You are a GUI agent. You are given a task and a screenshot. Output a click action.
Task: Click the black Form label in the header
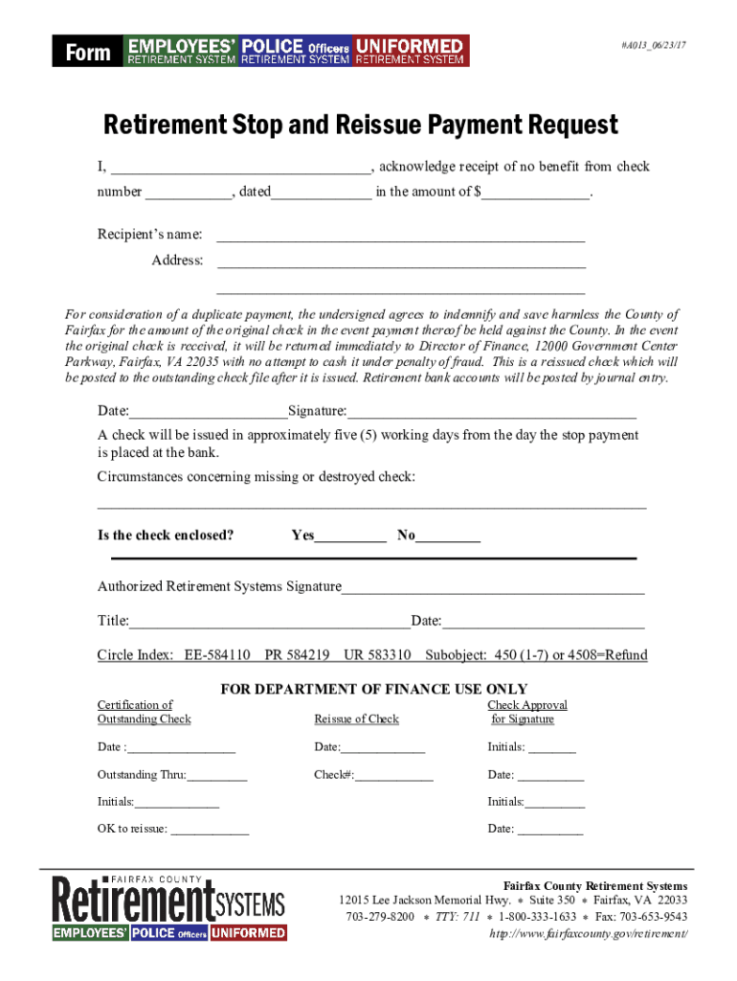click(x=88, y=52)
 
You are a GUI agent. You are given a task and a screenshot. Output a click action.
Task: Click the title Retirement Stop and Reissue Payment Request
click(x=361, y=125)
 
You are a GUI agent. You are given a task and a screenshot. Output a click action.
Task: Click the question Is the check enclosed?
click(x=166, y=536)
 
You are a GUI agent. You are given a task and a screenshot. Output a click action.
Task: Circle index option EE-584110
click(x=217, y=656)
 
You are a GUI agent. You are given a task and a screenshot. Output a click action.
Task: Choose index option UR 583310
click(x=377, y=656)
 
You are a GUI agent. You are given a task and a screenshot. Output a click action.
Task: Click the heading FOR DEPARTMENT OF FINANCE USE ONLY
click(x=374, y=689)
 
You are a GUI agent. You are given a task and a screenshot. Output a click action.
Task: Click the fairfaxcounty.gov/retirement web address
click(x=588, y=934)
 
